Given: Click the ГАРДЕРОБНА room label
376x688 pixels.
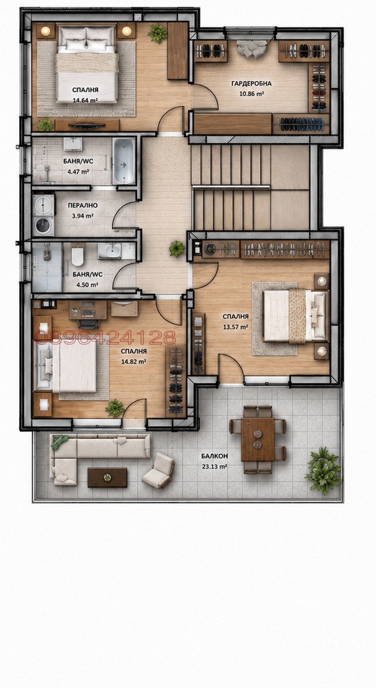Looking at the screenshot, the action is [x=252, y=84].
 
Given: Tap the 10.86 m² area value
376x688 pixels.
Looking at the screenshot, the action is [x=251, y=94].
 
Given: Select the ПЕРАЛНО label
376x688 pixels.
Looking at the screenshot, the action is [x=83, y=205].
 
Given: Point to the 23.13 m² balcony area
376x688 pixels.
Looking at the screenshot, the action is [x=214, y=467].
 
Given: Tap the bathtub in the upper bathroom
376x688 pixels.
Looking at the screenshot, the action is [x=123, y=161].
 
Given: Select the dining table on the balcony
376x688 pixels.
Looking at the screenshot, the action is [x=258, y=439].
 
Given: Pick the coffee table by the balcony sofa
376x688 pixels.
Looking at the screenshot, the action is [x=107, y=477].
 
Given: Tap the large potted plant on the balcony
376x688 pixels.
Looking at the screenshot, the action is [x=324, y=471].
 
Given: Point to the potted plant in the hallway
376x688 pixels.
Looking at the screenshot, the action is [x=177, y=249].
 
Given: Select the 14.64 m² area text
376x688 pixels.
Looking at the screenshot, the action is [x=85, y=100].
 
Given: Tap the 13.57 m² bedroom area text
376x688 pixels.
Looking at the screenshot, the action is [x=235, y=327].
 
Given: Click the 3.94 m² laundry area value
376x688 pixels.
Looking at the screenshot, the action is [x=83, y=216].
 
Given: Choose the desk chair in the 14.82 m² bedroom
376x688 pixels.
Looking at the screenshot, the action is [x=89, y=323].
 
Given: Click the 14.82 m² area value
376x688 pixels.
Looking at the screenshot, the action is [x=133, y=361].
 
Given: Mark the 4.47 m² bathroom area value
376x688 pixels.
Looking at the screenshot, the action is [x=79, y=170].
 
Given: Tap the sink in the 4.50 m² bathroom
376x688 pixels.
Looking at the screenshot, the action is [x=109, y=250].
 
